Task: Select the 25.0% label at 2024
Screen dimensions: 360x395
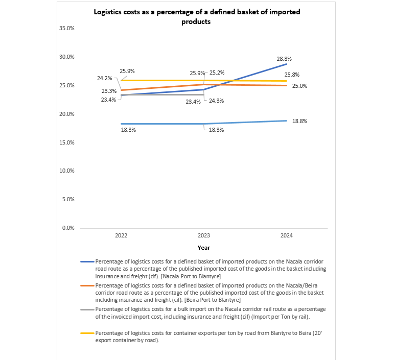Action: (299, 86)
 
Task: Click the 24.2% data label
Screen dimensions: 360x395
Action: (105, 79)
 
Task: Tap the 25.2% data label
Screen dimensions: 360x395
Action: (217, 73)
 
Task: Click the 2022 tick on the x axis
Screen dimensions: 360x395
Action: (121, 235)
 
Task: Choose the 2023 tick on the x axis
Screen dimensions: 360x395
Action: (204, 235)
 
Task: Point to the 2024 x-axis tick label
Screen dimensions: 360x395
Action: (286, 235)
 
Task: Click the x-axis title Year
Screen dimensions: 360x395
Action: (204, 248)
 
